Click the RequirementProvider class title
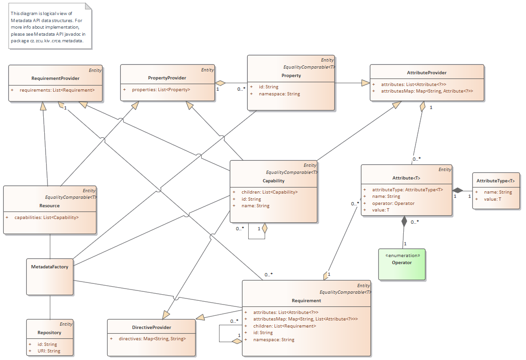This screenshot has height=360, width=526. click(55, 78)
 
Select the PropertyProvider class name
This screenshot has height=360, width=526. click(167, 78)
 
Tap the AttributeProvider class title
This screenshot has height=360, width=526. click(426, 73)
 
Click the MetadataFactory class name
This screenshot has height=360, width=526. click(49, 267)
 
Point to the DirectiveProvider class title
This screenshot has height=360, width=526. click(151, 327)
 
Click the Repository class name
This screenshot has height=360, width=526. click(49, 332)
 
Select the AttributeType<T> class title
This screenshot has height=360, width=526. click(495, 181)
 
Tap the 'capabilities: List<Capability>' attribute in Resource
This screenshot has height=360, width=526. click(47, 218)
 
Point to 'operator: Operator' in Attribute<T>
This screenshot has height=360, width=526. click(390, 203)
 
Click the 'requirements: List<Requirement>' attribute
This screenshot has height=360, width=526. click(57, 90)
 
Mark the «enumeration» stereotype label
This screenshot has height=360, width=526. click(402, 255)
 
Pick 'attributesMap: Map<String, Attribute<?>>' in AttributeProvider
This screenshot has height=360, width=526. click(427, 91)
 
